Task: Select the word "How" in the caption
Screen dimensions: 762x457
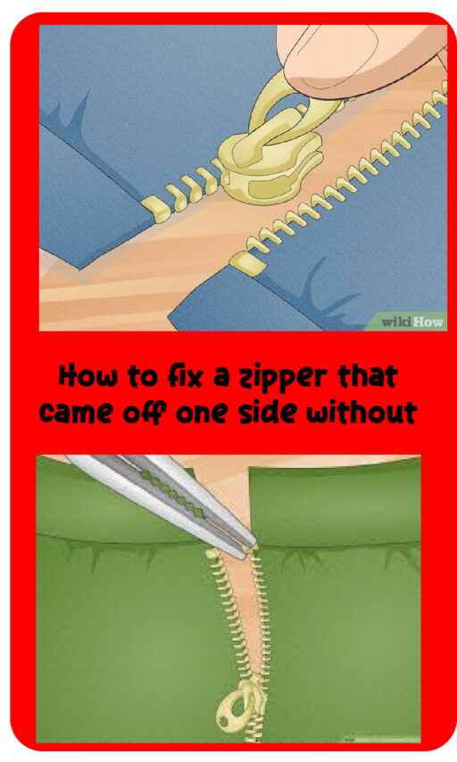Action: (x=87, y=376)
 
